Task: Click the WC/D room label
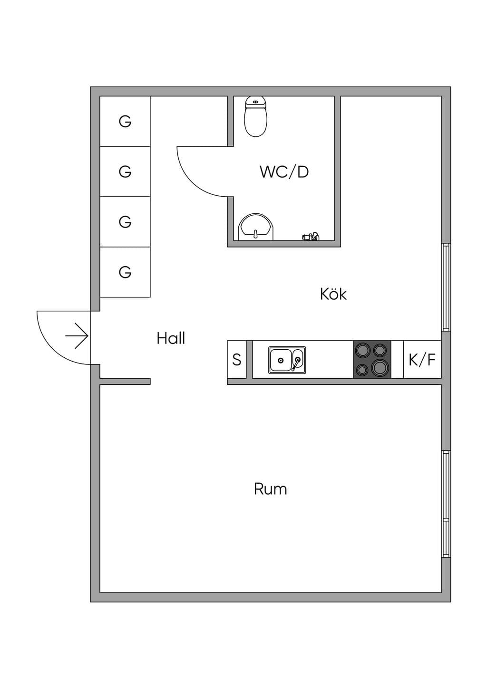click(284, 172)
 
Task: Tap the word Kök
click(333, 294)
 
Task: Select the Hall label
click(171, 338)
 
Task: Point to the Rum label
click(270, 489)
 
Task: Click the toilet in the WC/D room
click(255, 116)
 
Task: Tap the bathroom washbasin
click(256, 227)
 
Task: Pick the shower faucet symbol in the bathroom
click(310, 237)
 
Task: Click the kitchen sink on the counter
click(287, 360)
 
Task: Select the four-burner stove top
click(372, 359)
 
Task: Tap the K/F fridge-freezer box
click(422, 359)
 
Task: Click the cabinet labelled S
click(237, 359)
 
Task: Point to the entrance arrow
click(77, 336)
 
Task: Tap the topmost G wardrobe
click(125, 121)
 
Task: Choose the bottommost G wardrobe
click(125, 272)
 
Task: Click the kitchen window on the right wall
click(446, 287)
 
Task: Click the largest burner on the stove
click(380, 367)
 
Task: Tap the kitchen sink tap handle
click(296, 364)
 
